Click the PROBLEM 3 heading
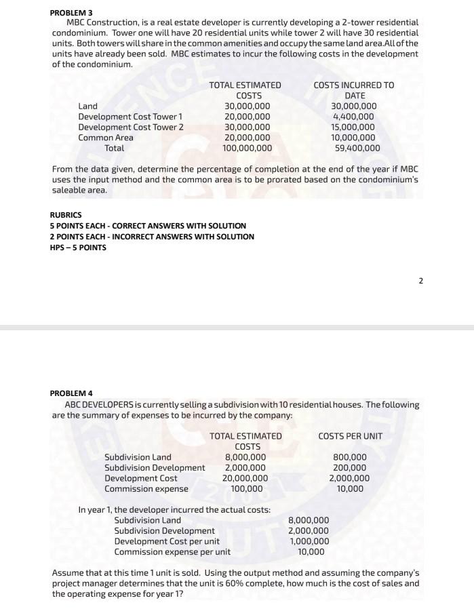click(x=71, y=12)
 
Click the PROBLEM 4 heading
click(x=71, y=393)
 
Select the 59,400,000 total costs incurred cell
click(x=357, y=148)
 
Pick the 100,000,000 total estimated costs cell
click(x=248, y=148)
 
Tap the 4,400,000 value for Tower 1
click(x=353, y=117)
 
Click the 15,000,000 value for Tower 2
click(x=353, y=127)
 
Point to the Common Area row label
click(x=106, y=138)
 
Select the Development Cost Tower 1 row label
click(x=131, y=117)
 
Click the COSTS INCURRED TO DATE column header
click(x=353, y=90)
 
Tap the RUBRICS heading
click(x=66, y=215)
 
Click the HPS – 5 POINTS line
click(x=78, y=248)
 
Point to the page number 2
click(x=420, y=280)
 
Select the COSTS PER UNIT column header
click(x=350, y=435)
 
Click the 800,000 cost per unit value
click(x=350, y=457)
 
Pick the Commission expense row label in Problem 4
click(x=146, y=488)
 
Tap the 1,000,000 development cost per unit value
click(x=309, y=541)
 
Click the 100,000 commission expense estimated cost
click(x=247, y=488)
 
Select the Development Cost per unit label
click(x=167, y=541)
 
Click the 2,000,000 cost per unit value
click(x=350, y=478)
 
